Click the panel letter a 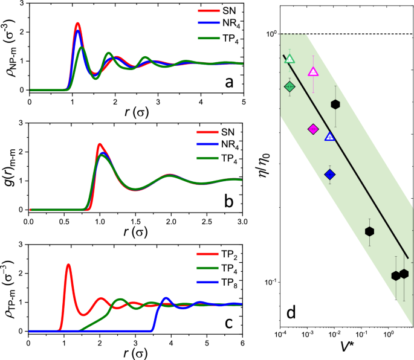tap(228, 82)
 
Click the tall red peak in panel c tap(68, 265)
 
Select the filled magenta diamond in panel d tap(313, 129)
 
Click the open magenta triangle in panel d tap(313, 72)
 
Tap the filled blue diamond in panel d tap(330, 175)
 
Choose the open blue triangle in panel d tap(330, 137)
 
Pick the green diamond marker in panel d tap(289, 87)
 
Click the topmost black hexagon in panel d tap(335, 104)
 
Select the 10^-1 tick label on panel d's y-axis tap(267, 282)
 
